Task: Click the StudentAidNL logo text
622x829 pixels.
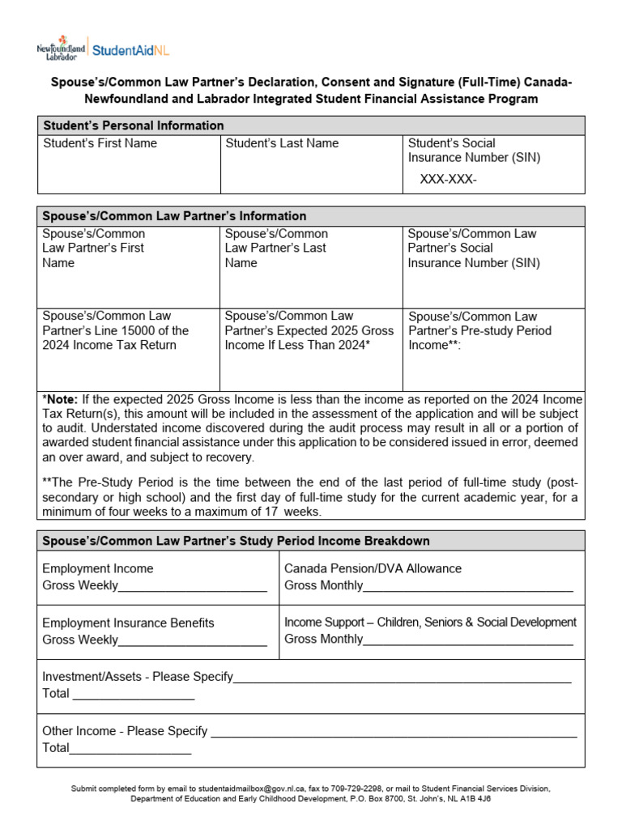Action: tap(131, 49)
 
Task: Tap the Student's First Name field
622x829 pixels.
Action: tap(129, 165)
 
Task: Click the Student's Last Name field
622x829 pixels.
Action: tap(311, 165)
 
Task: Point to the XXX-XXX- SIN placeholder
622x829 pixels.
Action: tap(448, 179)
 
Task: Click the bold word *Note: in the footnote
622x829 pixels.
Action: tap(60, 399)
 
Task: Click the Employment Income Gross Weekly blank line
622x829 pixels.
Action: tap(192, 587)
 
